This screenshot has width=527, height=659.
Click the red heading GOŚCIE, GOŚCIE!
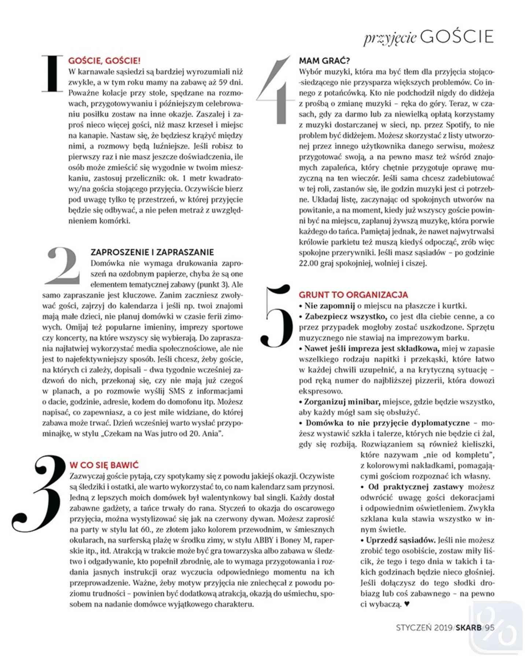[104, 60]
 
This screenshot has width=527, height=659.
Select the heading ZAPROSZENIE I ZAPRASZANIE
[152, 252]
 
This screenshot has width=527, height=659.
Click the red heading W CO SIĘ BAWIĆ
[104, 465]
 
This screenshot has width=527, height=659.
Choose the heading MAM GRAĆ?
[324, 60]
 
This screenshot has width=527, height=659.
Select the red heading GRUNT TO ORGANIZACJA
[353, 295]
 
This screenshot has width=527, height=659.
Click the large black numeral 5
[277, 317]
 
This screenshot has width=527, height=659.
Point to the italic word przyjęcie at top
[390, 38]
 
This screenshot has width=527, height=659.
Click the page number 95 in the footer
[489, 627]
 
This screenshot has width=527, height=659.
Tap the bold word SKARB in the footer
[469, 627]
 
